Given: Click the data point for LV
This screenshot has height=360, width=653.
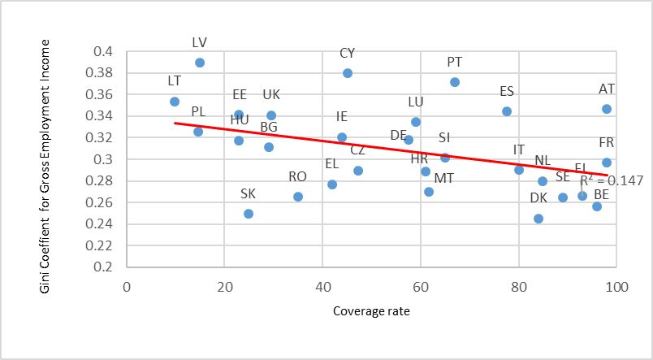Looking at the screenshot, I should [200, 63].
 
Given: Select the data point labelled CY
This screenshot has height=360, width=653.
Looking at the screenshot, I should [348, 73].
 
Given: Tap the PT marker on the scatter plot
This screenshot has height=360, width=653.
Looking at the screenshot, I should [455, 82].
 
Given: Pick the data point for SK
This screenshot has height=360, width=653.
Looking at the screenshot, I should [249, 214].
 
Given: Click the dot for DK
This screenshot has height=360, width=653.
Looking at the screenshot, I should [538, 219].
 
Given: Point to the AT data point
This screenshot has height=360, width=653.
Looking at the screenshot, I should [607, 109].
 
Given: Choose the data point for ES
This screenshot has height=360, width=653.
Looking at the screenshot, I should [507, 111].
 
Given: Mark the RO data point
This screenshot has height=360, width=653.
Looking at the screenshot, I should [298, 197].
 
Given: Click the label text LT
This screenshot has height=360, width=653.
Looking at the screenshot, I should [174, 80].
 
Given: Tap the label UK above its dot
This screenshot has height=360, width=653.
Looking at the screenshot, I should [271, 95].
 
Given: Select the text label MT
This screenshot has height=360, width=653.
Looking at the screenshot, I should [444, 178].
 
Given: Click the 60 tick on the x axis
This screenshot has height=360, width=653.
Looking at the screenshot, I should [421, 287].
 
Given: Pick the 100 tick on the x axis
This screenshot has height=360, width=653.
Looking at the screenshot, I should [616, 287].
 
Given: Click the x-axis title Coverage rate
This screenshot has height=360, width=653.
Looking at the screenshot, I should [371, 310].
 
